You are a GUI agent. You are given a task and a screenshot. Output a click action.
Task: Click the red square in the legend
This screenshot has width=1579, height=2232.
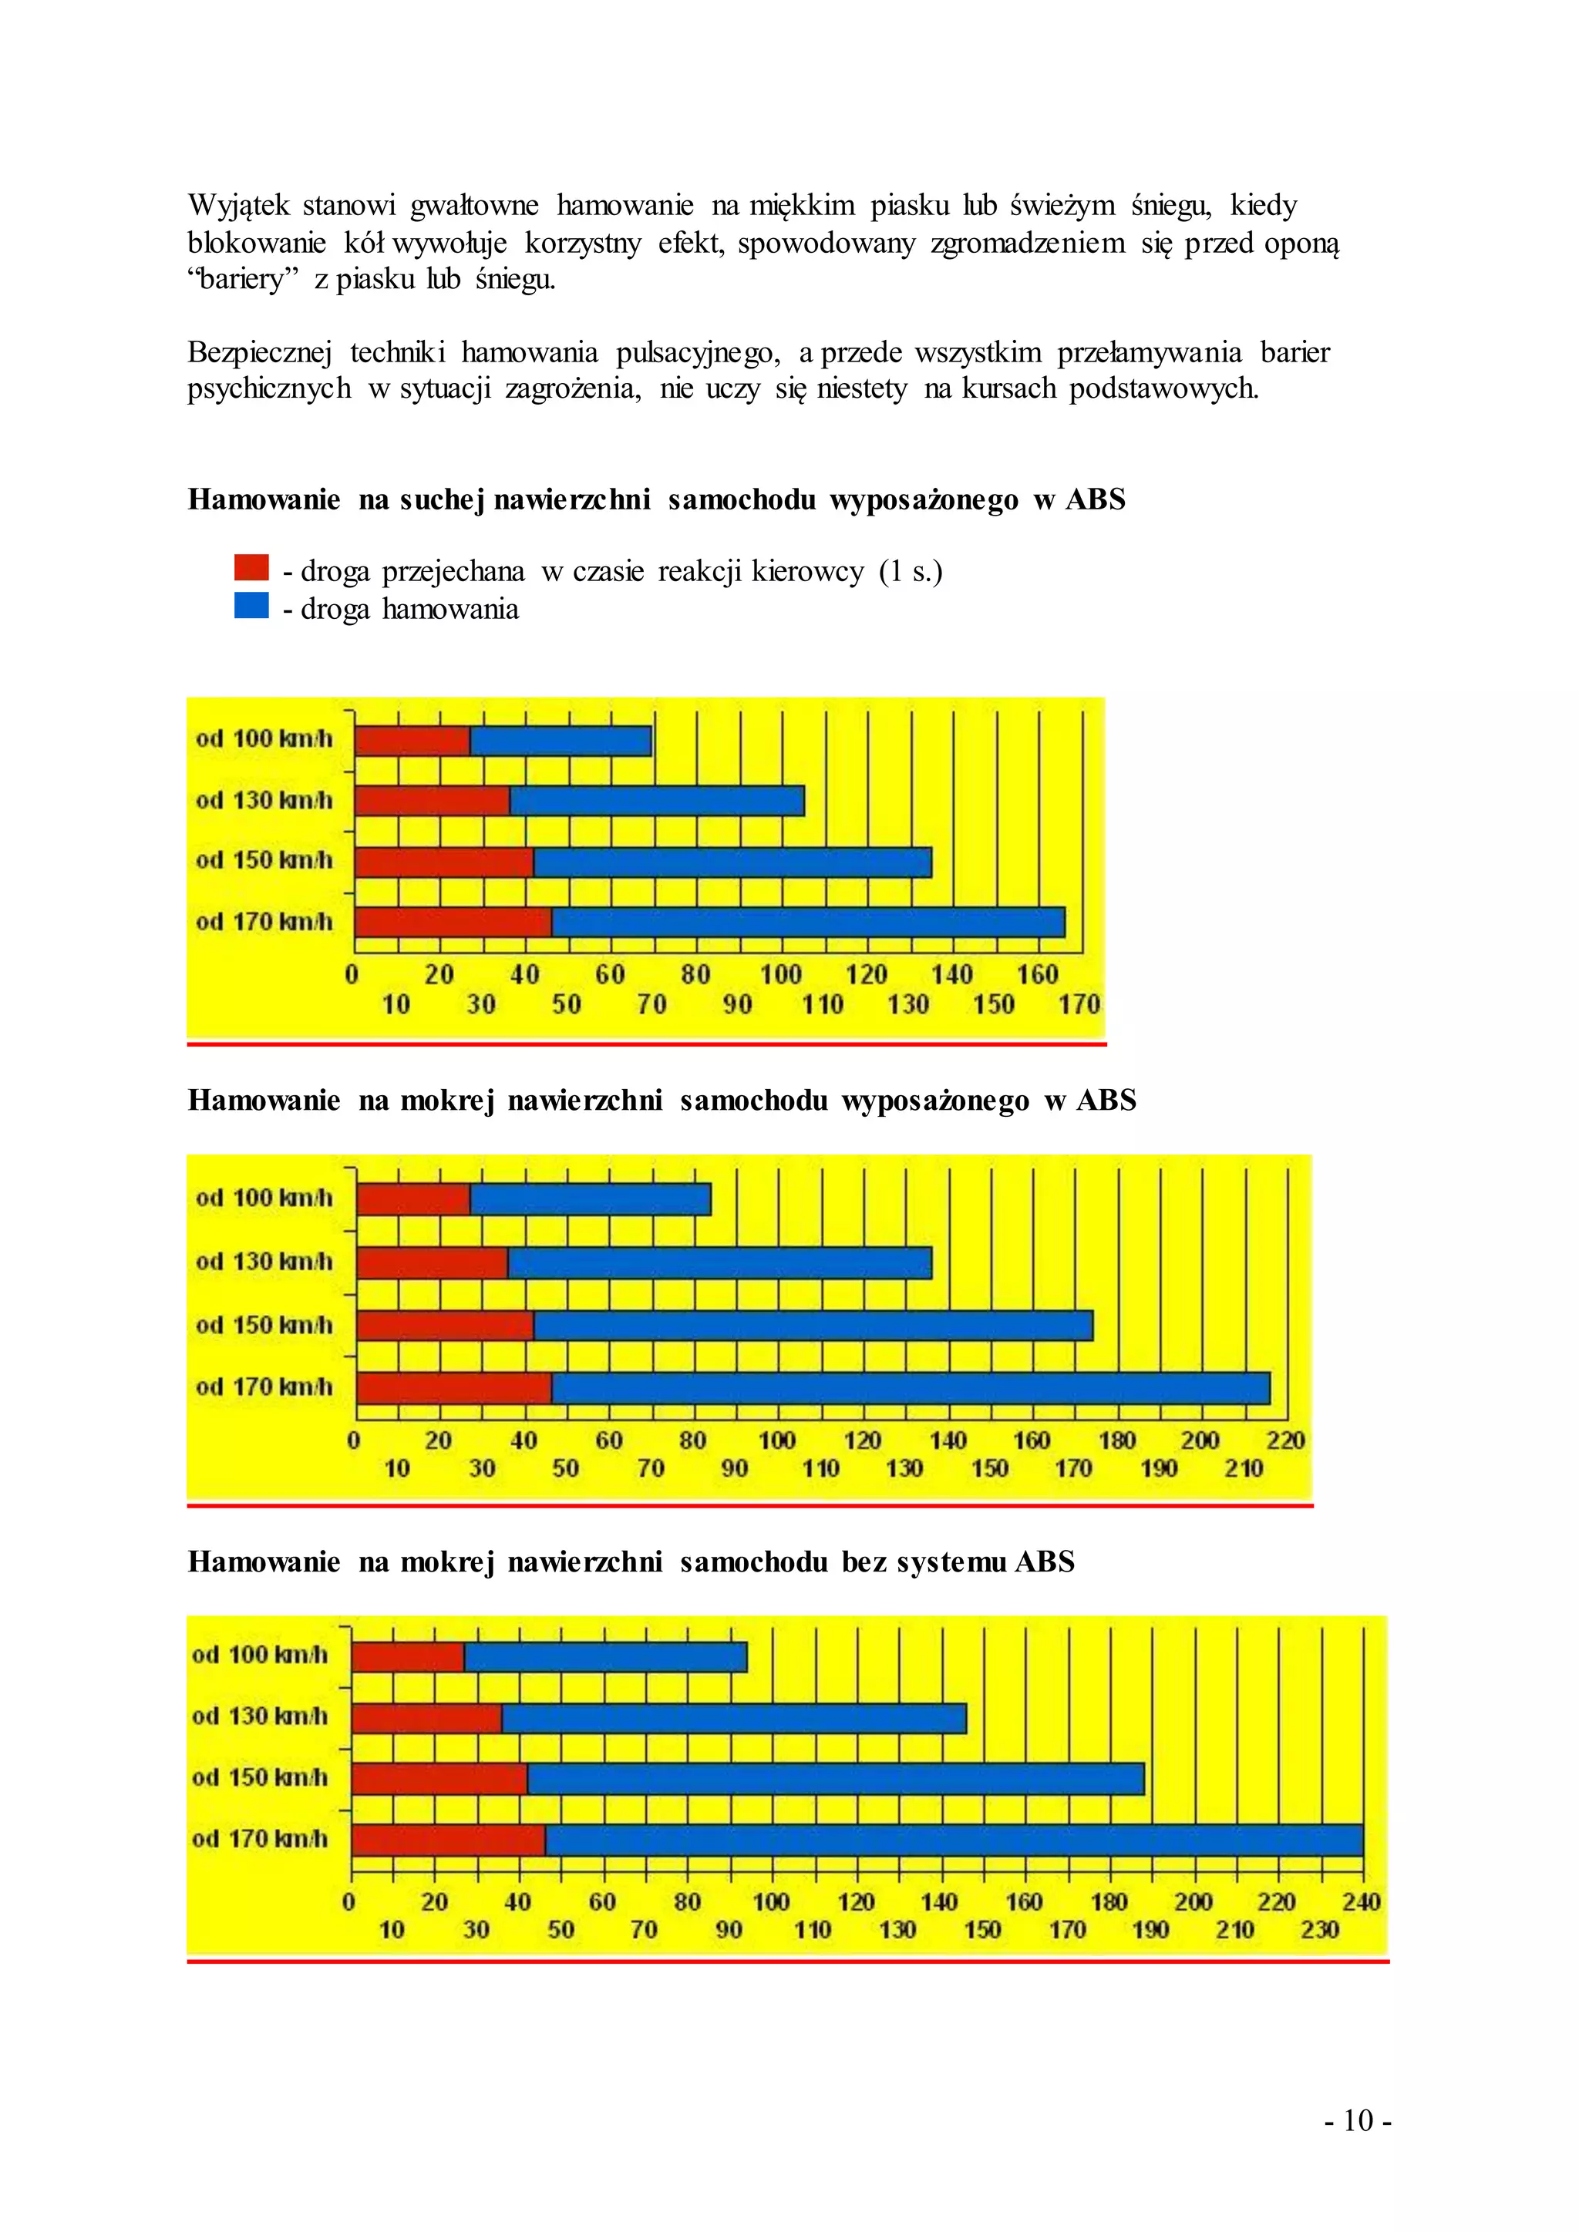coord(251,568)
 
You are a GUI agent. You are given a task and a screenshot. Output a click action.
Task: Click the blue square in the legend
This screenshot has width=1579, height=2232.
coord(251,606)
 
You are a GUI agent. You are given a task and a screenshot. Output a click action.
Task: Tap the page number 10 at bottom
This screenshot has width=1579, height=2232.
coord(1357,2120)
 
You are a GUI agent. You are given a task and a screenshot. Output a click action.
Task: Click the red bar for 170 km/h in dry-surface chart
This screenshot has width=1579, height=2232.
coord(453,923)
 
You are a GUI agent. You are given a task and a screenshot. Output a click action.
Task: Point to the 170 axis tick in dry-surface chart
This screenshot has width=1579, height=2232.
coord(1079,1004)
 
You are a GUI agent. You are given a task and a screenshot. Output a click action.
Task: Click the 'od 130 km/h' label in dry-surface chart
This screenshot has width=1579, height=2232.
coord(264,800)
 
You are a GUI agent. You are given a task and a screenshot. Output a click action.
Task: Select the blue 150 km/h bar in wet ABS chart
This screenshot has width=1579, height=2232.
coord(813,1325)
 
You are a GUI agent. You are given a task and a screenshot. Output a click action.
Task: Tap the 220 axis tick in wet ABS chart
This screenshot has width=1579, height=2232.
coord(1284,1440)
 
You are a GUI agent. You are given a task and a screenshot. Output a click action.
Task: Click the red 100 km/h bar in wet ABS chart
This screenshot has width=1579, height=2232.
coord(413,1199)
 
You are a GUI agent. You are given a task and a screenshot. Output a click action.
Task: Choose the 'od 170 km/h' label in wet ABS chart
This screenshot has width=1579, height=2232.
coord(264,1387)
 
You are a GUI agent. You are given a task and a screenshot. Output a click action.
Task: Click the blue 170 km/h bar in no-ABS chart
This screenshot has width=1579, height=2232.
coord(953,1840)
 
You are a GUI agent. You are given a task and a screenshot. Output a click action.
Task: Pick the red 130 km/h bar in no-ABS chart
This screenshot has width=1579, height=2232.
coord(427,1719)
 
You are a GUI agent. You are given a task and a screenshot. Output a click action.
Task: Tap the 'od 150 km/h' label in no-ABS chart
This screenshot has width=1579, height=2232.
coord(260,1778)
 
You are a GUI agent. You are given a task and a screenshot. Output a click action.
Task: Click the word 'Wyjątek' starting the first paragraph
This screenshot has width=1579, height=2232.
coord(239,206)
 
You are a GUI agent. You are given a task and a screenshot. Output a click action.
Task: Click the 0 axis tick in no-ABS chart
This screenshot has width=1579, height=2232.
coord(349,1901)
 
